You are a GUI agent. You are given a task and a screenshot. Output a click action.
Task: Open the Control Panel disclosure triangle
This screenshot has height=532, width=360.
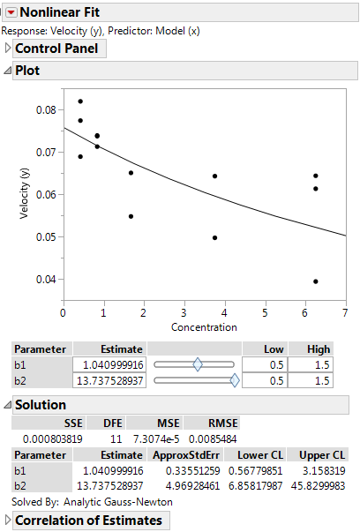(9, 49)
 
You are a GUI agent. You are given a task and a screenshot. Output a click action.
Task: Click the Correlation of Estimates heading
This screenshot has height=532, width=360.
(88, 520)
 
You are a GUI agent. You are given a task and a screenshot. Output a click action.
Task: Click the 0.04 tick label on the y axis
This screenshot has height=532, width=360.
(46, 279)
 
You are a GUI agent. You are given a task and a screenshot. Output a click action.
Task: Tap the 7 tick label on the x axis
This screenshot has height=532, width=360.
(345, 312)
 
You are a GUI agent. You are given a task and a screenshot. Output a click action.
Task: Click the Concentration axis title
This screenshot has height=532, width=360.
(204, 326)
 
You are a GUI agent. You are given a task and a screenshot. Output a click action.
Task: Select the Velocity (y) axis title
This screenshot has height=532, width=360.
(26, 194)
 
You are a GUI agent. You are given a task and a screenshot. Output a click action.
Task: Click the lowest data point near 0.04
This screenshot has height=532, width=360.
(316, 281)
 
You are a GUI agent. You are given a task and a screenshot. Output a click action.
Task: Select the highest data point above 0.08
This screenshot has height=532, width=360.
(80, 101)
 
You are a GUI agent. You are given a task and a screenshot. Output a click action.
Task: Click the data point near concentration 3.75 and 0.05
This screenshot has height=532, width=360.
(214, 237)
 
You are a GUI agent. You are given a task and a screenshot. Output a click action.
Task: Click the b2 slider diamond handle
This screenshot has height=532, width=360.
(234, 380)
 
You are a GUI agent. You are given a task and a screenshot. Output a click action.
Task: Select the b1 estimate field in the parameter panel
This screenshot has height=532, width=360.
(109, 364)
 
